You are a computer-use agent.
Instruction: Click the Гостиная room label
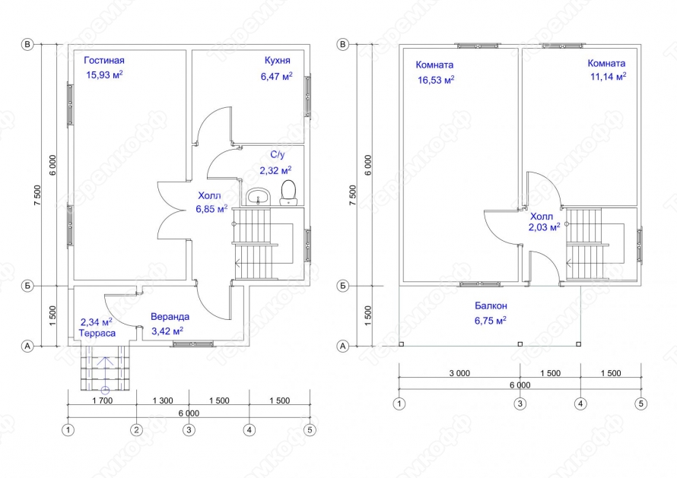pos(104,60)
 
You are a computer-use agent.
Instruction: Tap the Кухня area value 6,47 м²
pos(276,76)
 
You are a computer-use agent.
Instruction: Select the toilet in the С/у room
pos(288,192)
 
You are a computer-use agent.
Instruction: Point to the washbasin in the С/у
pos(258,197)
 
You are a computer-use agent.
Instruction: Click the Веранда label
pos(170,317)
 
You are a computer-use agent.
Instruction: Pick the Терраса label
pos(97,333)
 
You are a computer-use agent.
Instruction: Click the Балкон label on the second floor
pos(491,305)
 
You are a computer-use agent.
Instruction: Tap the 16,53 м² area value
pos(436,80)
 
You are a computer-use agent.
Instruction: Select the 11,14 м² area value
pos(609,77)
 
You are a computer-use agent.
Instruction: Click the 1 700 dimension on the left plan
pos(103,400)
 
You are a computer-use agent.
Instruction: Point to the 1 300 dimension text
pos(163,400)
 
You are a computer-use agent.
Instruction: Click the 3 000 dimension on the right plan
pos(459,373)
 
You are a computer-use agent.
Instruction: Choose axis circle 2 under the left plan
pos(137,430)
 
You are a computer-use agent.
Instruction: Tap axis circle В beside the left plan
pos(27,44)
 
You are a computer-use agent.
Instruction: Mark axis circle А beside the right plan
pos(343,346)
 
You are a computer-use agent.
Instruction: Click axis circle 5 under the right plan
pos(640,404)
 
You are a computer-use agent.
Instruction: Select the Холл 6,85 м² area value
pos(211,209)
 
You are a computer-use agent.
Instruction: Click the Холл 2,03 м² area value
pos(544,227)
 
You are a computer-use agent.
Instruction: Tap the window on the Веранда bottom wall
pos(193,343)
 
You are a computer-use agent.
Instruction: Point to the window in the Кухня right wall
pos(308,95)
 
